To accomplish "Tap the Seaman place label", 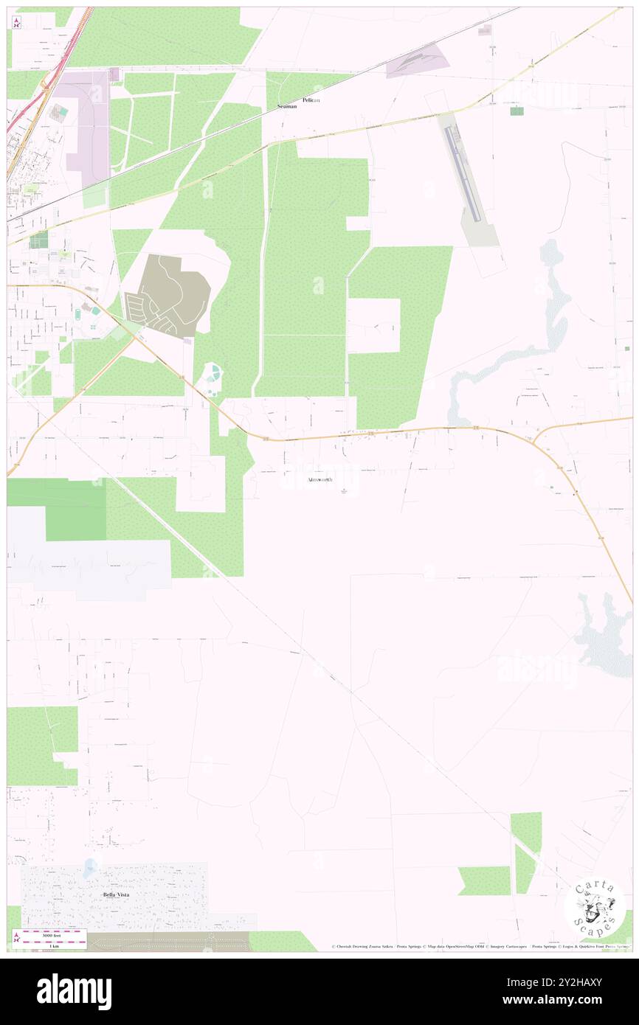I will (x=287, y=107).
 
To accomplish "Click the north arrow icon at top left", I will (x=17, y=22).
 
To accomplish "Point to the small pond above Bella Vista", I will (x=90, y=865).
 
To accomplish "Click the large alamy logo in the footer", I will (x=75, y=990).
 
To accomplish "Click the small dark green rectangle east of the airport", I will (x=517, y=111).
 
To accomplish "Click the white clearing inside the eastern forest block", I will (x=374, y=325).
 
